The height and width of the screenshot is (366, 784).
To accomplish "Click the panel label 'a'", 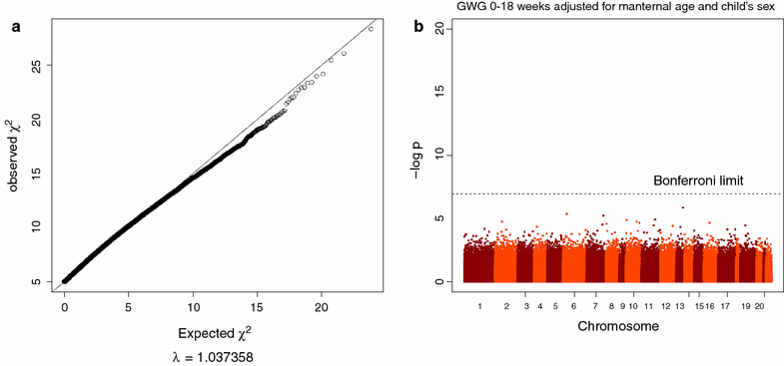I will (x=15, y=28).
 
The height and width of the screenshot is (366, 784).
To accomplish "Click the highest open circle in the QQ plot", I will (x=371, y=29).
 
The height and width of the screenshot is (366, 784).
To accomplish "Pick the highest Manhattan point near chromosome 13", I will (x=683, y=207).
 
